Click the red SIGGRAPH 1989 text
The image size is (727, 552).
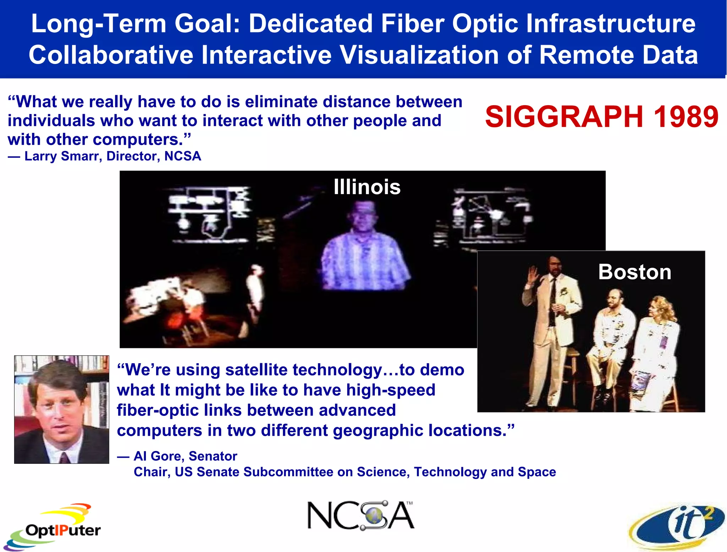point(601,117)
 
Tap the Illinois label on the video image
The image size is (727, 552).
point(367,187)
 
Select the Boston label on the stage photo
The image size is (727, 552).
point(634,272)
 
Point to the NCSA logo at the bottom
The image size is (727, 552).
point(360,515)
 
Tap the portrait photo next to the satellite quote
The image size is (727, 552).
point(61,409)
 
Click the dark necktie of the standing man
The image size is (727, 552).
point(553,302)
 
